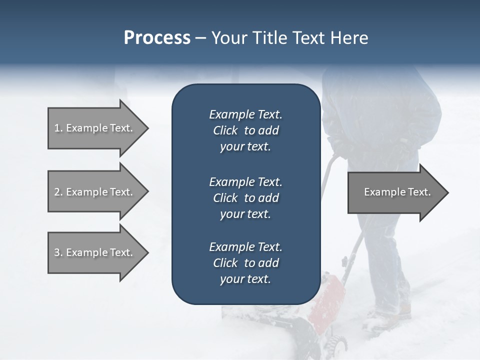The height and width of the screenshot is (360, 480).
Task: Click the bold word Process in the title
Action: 157,38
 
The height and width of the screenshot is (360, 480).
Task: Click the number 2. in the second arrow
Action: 58,192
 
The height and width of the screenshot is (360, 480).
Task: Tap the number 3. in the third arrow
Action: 58,252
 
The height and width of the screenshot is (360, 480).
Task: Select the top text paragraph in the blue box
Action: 245,130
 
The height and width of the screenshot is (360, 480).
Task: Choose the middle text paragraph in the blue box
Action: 245,198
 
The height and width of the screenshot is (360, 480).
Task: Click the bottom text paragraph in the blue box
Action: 245,263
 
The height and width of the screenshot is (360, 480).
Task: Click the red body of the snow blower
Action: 327,300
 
